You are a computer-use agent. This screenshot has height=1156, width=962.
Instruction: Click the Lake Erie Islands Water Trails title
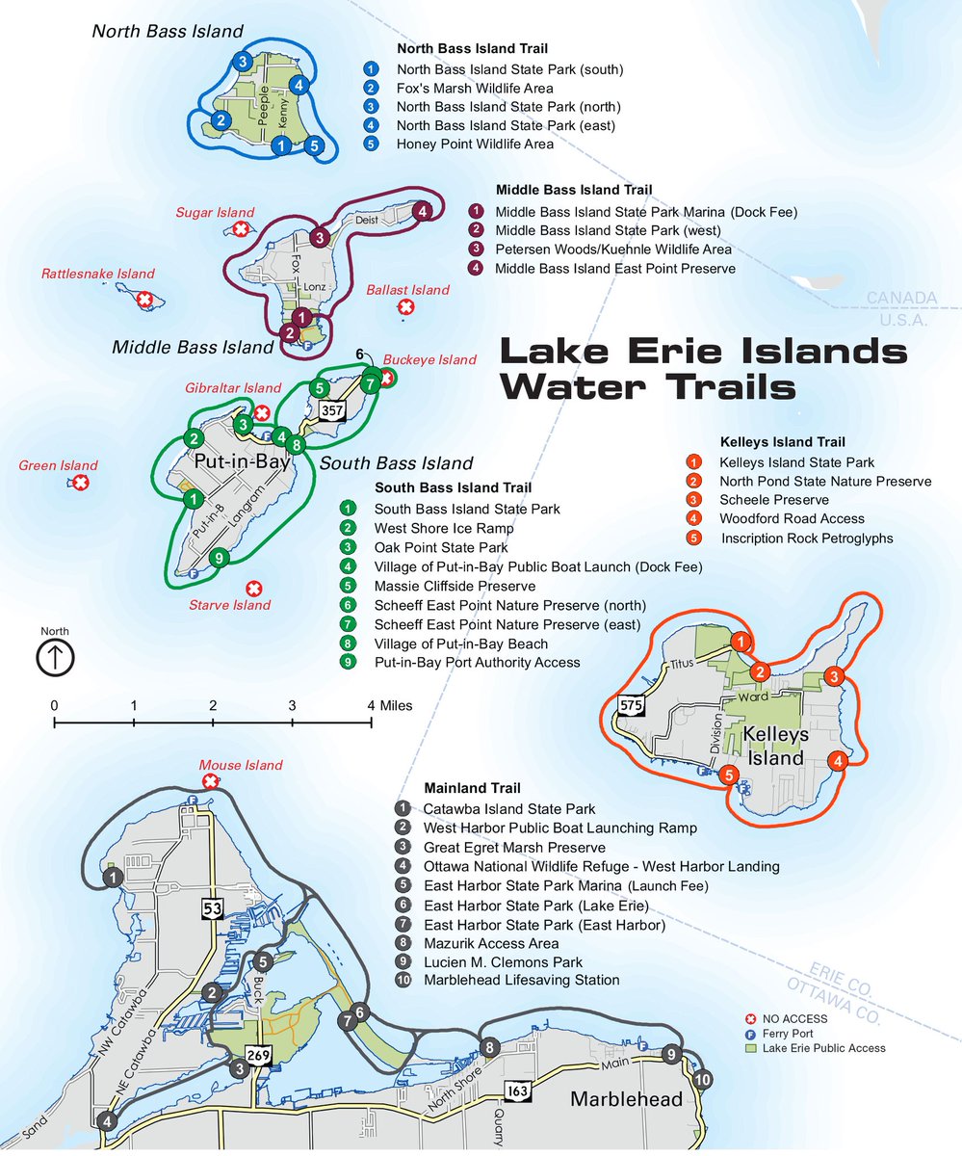(703, 368)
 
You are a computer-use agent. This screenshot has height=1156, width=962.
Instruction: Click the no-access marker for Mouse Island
(209, 781)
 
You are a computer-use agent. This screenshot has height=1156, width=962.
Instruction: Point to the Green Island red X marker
(82, 483)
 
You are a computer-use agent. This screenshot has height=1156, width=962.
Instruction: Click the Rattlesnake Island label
(97, 275)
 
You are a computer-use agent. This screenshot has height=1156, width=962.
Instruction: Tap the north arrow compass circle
(55, 659)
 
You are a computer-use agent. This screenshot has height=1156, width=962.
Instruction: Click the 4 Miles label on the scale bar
(389, 705)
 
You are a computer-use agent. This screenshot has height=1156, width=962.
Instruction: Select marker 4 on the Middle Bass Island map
(421, 211)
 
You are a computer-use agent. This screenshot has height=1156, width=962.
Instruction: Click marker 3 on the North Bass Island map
(244, 62)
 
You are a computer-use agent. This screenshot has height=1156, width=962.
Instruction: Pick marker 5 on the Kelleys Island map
(729, 775)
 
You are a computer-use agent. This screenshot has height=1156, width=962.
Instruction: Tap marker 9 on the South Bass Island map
(220, 557)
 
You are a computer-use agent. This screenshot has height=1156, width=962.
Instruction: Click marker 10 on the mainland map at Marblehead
(702, 1078)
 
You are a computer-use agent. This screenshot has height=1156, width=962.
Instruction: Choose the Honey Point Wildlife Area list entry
(475, 144)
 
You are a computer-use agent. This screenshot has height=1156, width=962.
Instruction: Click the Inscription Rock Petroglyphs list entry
(806, 539)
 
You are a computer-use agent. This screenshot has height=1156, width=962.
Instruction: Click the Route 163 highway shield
(514, 1090)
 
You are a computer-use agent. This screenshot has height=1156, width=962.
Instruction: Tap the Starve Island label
(230, 605)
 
